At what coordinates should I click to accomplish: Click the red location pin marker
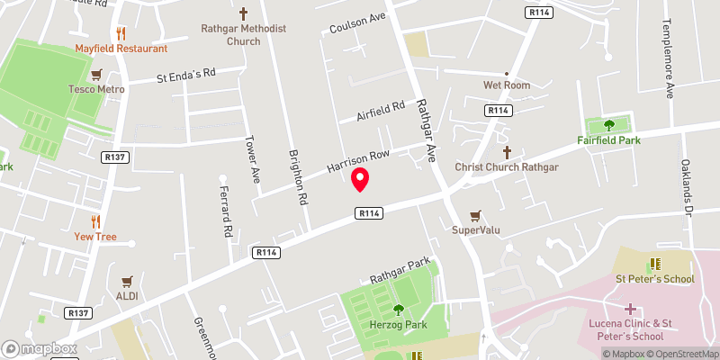point(360,179)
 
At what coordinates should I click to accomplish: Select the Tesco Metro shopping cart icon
point(95,74)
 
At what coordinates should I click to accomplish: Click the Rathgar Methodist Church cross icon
point(244,14)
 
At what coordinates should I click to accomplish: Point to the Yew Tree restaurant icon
point(95,221)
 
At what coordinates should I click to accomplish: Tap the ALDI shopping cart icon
point(127,280)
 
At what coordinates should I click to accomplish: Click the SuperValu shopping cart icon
point(475,215)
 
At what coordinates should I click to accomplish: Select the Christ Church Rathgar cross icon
point(507,152)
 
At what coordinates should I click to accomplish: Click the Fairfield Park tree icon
point(608,125)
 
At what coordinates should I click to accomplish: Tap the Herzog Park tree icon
point(399,310)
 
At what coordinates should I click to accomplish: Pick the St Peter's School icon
point(654,264)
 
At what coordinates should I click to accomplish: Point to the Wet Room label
point(506,85)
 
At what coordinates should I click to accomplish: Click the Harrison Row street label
point(357,161)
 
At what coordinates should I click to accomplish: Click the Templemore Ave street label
point(669,58)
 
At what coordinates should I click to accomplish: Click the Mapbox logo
point(40,348)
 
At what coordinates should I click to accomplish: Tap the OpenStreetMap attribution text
point(681,354)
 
